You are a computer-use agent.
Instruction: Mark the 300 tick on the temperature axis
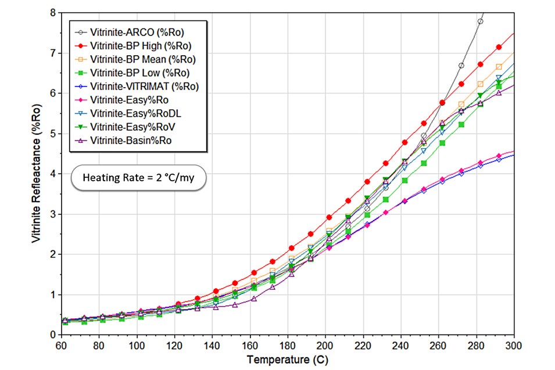pyautogui.click(x=514, y=344)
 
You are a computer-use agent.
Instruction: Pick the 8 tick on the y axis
pyautogui.click(x=52, y=12)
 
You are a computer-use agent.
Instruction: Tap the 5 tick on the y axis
pyautogui.click(x=52, y=133)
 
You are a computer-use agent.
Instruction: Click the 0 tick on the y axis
pyautogui.click(x=52, y=335)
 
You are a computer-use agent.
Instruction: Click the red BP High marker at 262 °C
pyautogui.click(x=442, y=102)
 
